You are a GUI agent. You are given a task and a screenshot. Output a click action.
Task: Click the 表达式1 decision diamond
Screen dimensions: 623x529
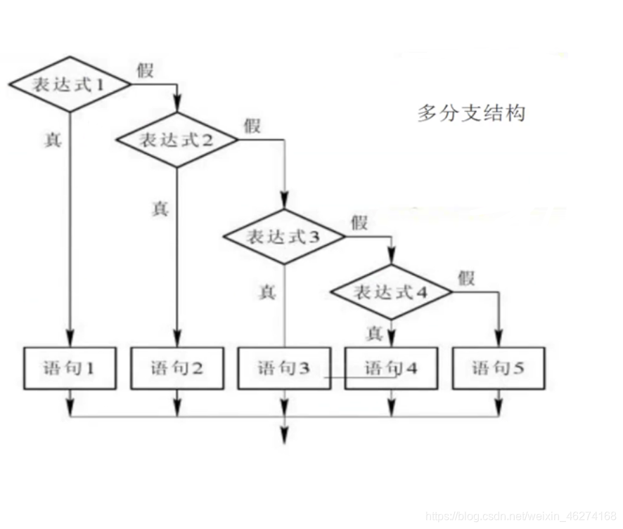click(x=70, y=85)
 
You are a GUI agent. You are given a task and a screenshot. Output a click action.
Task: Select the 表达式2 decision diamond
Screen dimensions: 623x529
click(x=176, y=140)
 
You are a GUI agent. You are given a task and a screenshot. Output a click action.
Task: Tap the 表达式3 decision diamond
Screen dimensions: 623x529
click(x=283, y=237)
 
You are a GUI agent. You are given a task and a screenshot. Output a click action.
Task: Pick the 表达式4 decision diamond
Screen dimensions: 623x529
click(x=391, y=292)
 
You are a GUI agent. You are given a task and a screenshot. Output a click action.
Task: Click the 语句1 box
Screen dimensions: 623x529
click(x=70, y=368)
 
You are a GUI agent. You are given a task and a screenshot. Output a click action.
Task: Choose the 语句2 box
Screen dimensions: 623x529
click(x=176, y=368)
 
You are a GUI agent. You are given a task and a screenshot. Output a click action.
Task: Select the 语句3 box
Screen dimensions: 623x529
click(x=283, y=368)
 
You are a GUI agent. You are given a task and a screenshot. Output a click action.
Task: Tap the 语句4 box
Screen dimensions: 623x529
click(x=391, y=368)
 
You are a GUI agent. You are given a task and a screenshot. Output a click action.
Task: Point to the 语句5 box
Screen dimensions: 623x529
click(x=498, y=368)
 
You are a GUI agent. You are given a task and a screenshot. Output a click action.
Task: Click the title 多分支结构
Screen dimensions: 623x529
click(x=470, y=112)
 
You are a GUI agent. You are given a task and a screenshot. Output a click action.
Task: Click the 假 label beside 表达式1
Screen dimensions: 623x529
click(x=146, y=70)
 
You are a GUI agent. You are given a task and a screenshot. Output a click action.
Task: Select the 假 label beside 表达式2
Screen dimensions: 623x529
click(x=252, y=126)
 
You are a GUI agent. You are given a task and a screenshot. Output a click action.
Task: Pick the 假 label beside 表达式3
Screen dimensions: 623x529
click(x=359, y=223)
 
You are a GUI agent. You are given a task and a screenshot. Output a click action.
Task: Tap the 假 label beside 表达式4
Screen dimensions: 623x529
click(x=466, y=277)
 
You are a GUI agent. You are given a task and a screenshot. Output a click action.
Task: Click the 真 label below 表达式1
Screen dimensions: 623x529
click(x=53, y=140)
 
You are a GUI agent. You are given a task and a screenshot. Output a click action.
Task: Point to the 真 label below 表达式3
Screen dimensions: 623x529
click(x=267, y=292)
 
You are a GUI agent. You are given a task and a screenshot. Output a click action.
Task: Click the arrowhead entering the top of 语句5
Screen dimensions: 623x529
click(x=498, y=340)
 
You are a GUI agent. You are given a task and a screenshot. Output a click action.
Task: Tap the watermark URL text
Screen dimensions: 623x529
click(x=521, y=517)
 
